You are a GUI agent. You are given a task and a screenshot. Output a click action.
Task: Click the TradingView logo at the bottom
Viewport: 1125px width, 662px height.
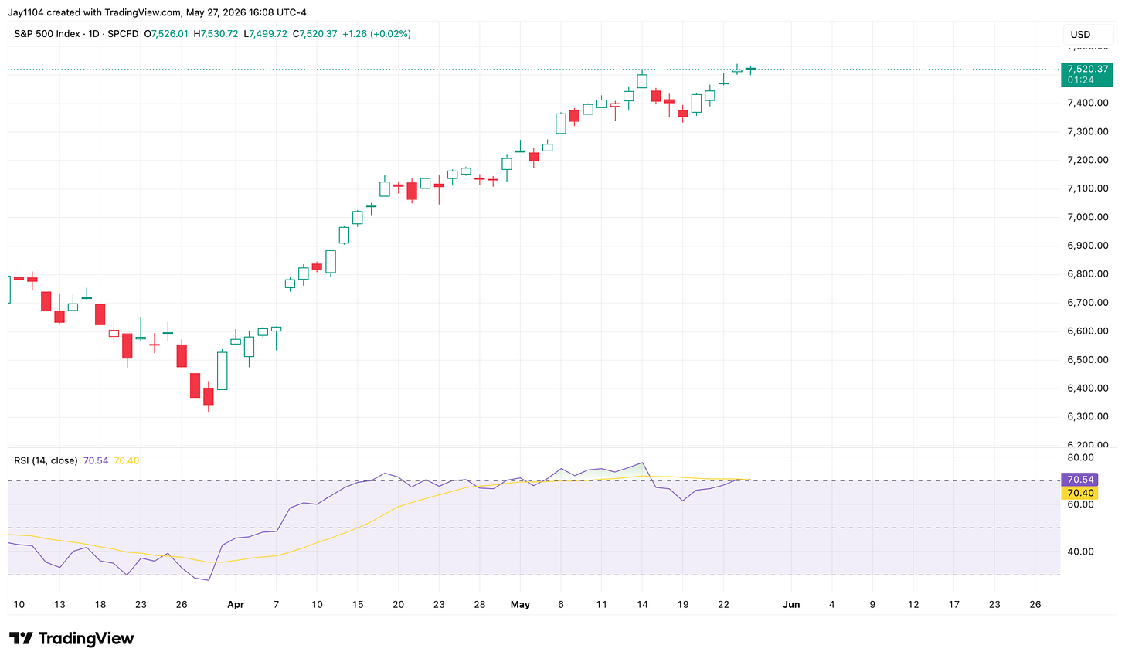(71, 638)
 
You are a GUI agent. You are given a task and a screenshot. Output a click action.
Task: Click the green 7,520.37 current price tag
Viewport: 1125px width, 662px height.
(1087, 74)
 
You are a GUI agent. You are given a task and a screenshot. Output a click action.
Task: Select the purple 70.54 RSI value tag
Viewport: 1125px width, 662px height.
(1079, 480)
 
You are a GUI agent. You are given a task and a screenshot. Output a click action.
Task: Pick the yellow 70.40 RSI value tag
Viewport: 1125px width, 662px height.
(1079, 494)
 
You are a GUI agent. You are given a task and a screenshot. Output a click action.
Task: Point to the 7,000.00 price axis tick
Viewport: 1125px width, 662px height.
(1087, 217)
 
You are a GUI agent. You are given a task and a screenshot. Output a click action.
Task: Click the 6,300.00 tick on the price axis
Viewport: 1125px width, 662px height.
(1087, 416)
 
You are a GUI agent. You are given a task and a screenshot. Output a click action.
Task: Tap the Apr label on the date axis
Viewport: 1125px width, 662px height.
(236, 605)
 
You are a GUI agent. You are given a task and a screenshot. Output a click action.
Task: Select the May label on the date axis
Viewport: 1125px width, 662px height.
(520, 605)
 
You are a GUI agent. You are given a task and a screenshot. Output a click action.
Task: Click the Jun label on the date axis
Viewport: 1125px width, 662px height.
(791, 605)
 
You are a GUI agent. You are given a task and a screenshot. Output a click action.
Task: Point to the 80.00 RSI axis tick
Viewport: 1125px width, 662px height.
(1080, 457)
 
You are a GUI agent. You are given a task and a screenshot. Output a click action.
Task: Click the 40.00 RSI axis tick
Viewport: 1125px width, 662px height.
(1080, 552)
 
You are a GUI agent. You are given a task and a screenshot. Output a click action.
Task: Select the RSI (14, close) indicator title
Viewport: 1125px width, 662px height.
(46, 460)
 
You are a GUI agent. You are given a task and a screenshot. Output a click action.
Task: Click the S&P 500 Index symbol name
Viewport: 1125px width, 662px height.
(46, 34)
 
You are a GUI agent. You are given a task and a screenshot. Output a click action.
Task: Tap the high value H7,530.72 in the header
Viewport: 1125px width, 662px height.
(216, 34)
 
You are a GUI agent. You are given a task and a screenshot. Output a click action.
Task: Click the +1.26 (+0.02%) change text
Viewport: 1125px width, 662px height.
(377, 34)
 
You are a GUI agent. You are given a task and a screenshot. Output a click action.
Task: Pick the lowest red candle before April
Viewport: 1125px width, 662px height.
(209, 396)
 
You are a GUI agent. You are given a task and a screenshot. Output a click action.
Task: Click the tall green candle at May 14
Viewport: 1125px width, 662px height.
(642, 80)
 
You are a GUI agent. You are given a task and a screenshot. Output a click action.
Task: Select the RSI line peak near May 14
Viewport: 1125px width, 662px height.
(642, 463)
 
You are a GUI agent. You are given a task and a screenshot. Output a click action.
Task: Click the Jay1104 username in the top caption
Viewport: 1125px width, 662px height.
(25, 12)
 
